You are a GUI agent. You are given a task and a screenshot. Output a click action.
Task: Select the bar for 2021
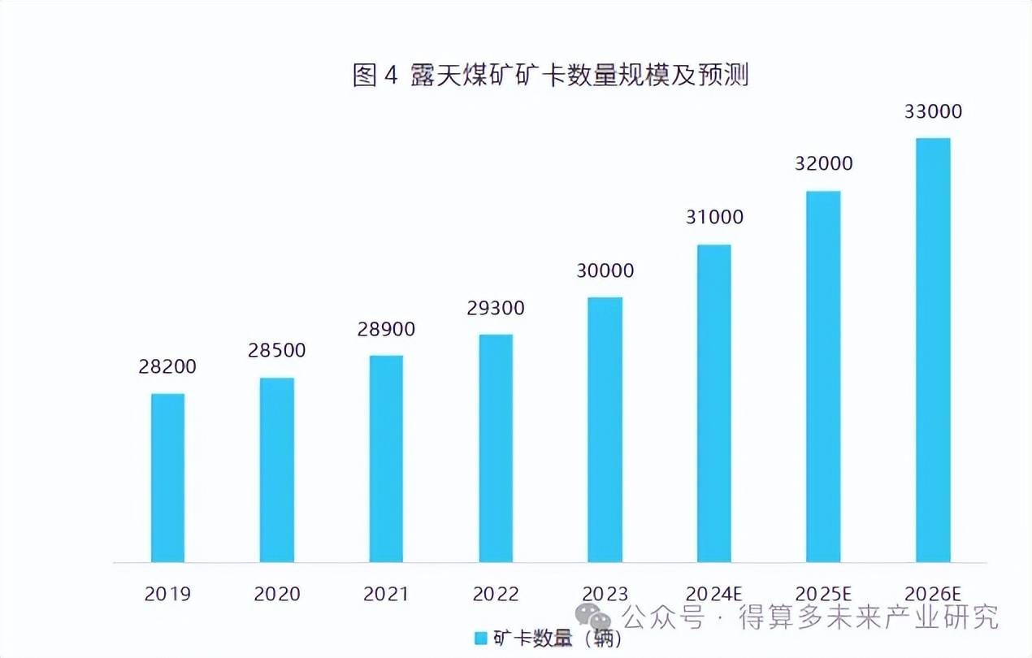[x=386, y=458]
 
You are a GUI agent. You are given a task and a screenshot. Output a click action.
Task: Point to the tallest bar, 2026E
[x=933, y=349]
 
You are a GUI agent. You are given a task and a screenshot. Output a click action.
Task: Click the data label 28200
[x=167, y=366]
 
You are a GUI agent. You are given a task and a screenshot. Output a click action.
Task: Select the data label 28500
[x=277, y=350]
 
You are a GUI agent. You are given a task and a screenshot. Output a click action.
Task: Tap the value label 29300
[x=496, y=308]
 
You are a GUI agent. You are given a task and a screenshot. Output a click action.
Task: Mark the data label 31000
[x=714, y=217]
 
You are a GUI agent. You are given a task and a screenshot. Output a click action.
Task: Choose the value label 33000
[x=933, y=111]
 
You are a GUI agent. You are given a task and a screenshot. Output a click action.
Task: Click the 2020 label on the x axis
[x=277, y=594]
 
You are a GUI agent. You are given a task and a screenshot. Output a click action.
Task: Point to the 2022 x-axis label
[x=496, y=594]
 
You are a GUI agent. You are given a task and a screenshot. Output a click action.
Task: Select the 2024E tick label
[x=714, y=594]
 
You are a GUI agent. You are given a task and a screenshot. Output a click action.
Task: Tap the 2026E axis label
[x=933, y=594]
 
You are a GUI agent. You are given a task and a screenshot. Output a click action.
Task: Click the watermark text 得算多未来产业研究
[x=868, y=618]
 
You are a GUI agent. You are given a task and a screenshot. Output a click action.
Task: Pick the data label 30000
[x=605, y=271]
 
